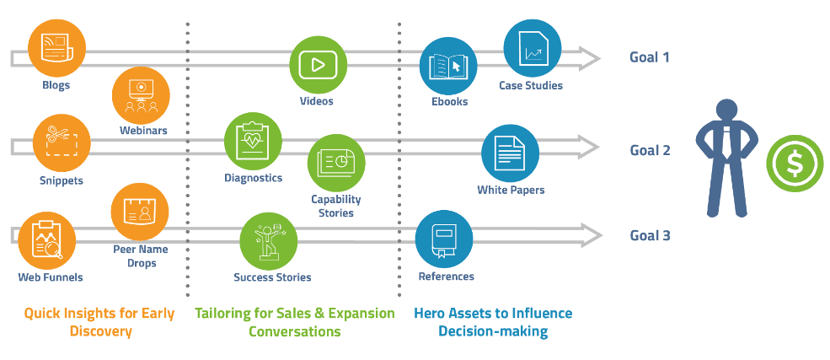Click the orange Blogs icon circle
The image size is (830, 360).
point(56,46)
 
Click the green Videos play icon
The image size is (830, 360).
point(318,66)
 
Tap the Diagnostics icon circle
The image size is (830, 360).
point(253,141)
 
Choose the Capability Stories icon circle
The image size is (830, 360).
point(335,163)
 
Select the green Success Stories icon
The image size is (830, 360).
point(269,240)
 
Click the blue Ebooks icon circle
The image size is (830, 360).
point(448,66)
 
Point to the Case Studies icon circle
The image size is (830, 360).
point(532,48)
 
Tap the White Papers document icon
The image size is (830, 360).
point(510,153)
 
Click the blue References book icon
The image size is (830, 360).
point(444,239)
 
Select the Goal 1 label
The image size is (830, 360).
point(650,57)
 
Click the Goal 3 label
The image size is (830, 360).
point(650,235)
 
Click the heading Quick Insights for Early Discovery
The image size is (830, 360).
point(99,322)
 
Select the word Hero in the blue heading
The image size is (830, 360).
point(430,313)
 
